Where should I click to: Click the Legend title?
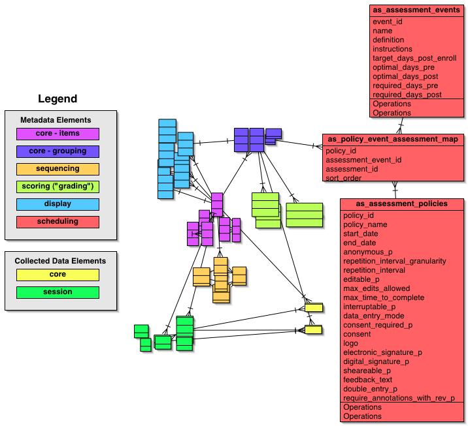tap(58, 99)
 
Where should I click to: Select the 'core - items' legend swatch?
tap(58, 134)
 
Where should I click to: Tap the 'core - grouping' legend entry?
tap(58, 151)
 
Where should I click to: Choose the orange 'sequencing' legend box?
tap(58, 169)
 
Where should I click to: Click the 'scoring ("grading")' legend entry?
tap(58, 187)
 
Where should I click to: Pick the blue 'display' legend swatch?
tap(58, 204)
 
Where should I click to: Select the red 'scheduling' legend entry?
tap(58, 222)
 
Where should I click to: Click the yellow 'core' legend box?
tap(58, 275)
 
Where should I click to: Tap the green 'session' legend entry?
tap(58, 292)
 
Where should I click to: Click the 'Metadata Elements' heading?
tap(56, 120)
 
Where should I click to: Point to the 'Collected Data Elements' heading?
tap(60, 261)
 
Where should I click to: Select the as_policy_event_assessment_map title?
tap(392, 139)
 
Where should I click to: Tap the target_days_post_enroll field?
tap(414, 58)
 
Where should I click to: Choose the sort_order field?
tap(344, 178)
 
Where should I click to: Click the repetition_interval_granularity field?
tap(394, 261)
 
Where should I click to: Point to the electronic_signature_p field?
tap(382, 352)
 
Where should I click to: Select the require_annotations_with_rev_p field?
tap(399, 398)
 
